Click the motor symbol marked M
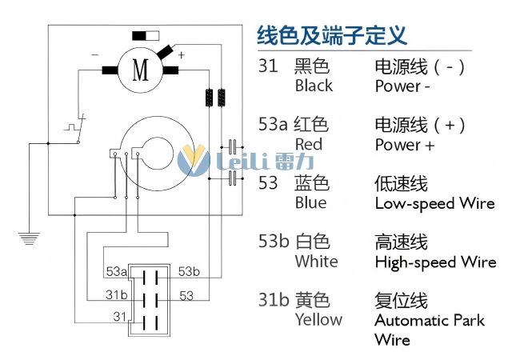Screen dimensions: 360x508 pyautogui.click(x=141, y=70)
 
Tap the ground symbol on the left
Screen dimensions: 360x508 pyautogui.click(x=29, y=237)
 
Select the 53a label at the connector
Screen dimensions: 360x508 pyautogui.click(x=117, y=273)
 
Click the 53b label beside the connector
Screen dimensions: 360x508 pyautogui.click(x=190, y=272)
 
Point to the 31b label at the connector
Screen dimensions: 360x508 pyautogui.click(x=117, y=295)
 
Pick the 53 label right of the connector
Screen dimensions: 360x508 pyautogui.click(x=186, y=296)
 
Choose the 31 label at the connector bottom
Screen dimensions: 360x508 pyautogui.click(x=120, y=317)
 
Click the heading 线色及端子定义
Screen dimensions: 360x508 pyautogui.click(x=331, y=35)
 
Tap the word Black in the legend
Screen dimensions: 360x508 pyautogui.click(x=314, y=86)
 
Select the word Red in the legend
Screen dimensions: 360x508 pyautogui.click(x=309, y=145)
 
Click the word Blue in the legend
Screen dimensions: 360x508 pyautogui.click(x=310, y=203)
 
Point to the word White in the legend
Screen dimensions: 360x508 pyautogui.click(x=316, y=262)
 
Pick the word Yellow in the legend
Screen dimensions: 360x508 pyautogui.click(x=318, y=320)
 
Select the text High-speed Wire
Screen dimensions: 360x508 pyautogui.click(x=435, y=262)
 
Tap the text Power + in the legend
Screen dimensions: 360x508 pyautogui.click(x=405, y=145)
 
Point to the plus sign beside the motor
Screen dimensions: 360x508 pyautogui.click(x=181, y=55)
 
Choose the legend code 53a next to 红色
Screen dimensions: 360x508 pyautogui.click(x=272, y=125)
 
